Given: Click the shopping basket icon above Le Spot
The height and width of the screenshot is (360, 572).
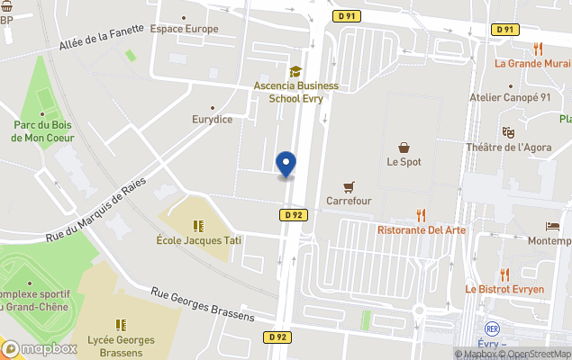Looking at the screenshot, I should [404, 147].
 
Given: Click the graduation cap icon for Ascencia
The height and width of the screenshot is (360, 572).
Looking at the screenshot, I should [295, 71].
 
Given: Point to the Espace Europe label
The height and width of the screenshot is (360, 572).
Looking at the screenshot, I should [184, 29].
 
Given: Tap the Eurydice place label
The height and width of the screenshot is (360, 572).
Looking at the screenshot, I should [212, 119].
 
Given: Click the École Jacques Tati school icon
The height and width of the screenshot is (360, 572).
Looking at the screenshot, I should [198, 226].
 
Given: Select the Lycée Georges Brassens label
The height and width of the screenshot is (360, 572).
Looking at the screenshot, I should [121, 346].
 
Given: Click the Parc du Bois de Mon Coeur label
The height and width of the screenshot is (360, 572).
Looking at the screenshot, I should [43, 131].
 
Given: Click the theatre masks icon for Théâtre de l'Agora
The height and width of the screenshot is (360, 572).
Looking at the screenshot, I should [507, 131].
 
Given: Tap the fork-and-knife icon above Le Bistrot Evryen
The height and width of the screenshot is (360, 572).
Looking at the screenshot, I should [504, 274].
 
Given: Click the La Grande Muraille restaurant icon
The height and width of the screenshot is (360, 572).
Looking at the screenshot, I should [538, 49].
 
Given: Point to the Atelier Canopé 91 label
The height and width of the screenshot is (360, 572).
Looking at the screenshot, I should [510, 97].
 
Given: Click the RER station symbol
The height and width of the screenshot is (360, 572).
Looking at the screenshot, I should [492, 328].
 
